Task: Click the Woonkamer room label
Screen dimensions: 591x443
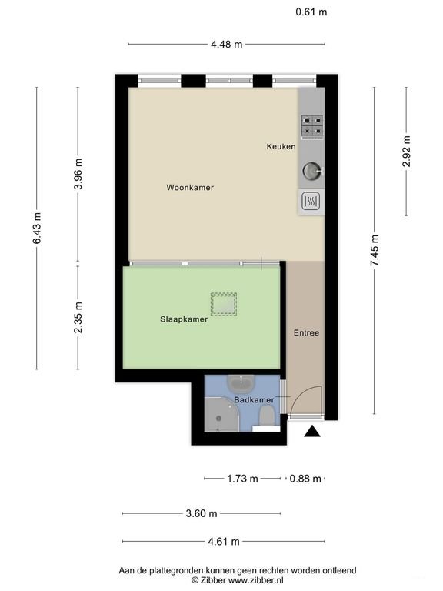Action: (x=190, y=187)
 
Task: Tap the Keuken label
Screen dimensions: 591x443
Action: (x=281, y=146)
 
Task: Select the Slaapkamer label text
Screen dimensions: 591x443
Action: (x=184, y=319)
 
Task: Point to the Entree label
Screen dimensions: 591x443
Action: (x=306, y=333)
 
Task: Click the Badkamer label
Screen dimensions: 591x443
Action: (x=255, y=400)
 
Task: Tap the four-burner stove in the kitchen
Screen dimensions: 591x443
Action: (x=311, y=125)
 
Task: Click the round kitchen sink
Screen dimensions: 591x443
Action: (x=311, y=170)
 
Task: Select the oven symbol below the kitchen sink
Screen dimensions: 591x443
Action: (x=311, y=201)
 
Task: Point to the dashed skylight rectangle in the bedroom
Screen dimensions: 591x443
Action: (x=224, y=305)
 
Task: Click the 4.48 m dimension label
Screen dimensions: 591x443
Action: (x=226, y=44)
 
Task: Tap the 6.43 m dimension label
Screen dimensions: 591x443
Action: (x=36, y=228)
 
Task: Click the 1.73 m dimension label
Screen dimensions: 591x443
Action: (x=242, y=479)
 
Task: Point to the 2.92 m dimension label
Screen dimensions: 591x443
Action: (x=406, y=152)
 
